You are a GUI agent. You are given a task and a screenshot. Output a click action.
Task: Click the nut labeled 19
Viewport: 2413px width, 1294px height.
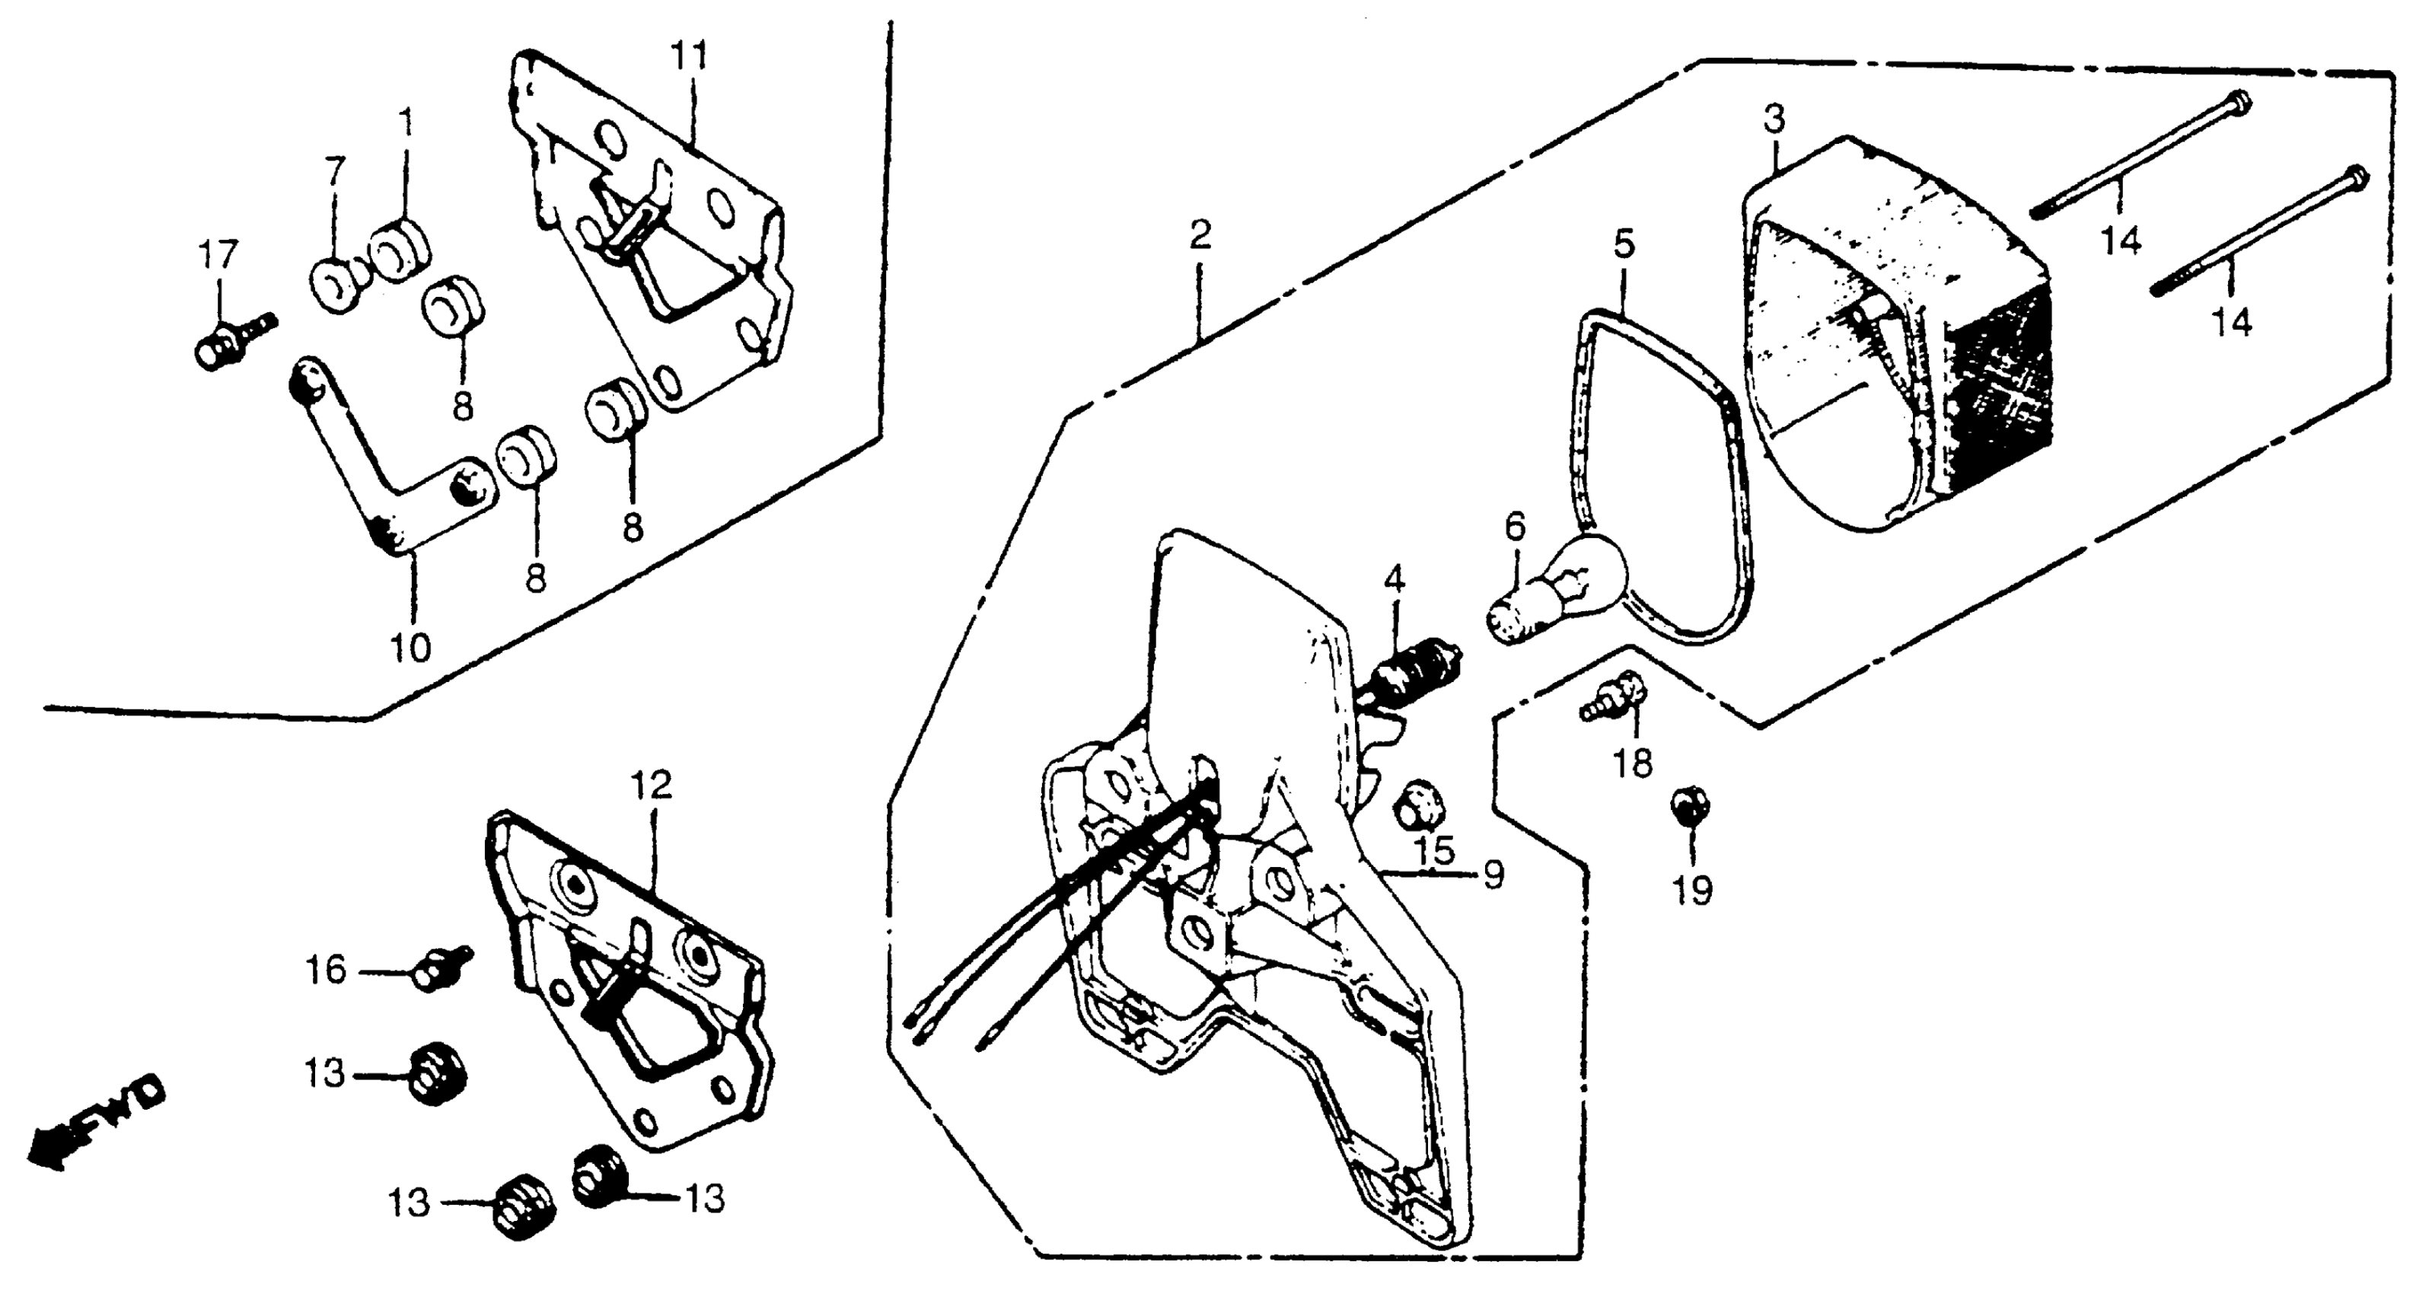[x=1690, y=807]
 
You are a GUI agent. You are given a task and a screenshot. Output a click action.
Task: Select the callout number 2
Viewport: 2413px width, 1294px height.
[x=1200, y=235]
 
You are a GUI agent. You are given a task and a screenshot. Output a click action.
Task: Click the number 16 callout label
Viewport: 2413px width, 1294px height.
[x=326, y=970]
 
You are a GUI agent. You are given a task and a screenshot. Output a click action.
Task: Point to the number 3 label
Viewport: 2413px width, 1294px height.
[x=1774, y=120]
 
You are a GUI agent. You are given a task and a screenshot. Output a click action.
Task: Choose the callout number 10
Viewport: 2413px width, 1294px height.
[x=410, y=648]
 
